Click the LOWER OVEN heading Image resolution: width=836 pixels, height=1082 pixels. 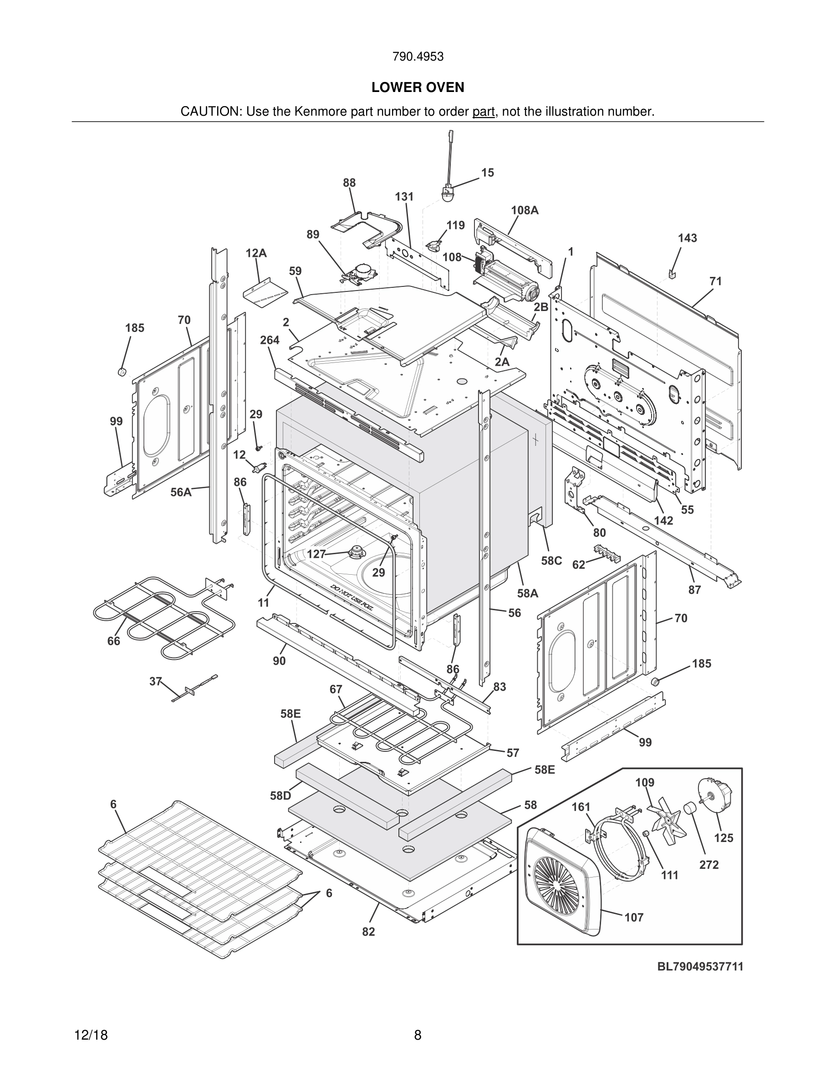(x=418, y=88)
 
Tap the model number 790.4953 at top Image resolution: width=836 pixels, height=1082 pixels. (x=418, y=57)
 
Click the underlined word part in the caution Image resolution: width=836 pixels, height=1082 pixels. (x=484, y=112)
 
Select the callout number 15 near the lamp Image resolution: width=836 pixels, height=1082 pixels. (x=487, y=173)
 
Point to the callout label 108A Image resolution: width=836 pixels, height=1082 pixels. (x=525, y=210)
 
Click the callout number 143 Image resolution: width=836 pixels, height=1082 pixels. (x=688, y=238)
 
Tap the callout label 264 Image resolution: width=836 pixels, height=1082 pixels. (x=270, y=340)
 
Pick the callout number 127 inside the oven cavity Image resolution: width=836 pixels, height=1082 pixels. (x=316, y=554)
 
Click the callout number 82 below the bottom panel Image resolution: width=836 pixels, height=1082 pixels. (x=368, y=932)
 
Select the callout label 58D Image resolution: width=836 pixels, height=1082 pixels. (x=280, y=796)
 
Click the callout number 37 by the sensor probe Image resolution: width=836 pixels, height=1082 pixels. (x=156, y=682)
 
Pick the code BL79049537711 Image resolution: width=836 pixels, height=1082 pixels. (x=700, y=967)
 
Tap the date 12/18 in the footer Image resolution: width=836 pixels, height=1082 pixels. (x=91, y=1036)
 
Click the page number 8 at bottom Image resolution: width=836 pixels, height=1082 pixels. (x=418, y=1036)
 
